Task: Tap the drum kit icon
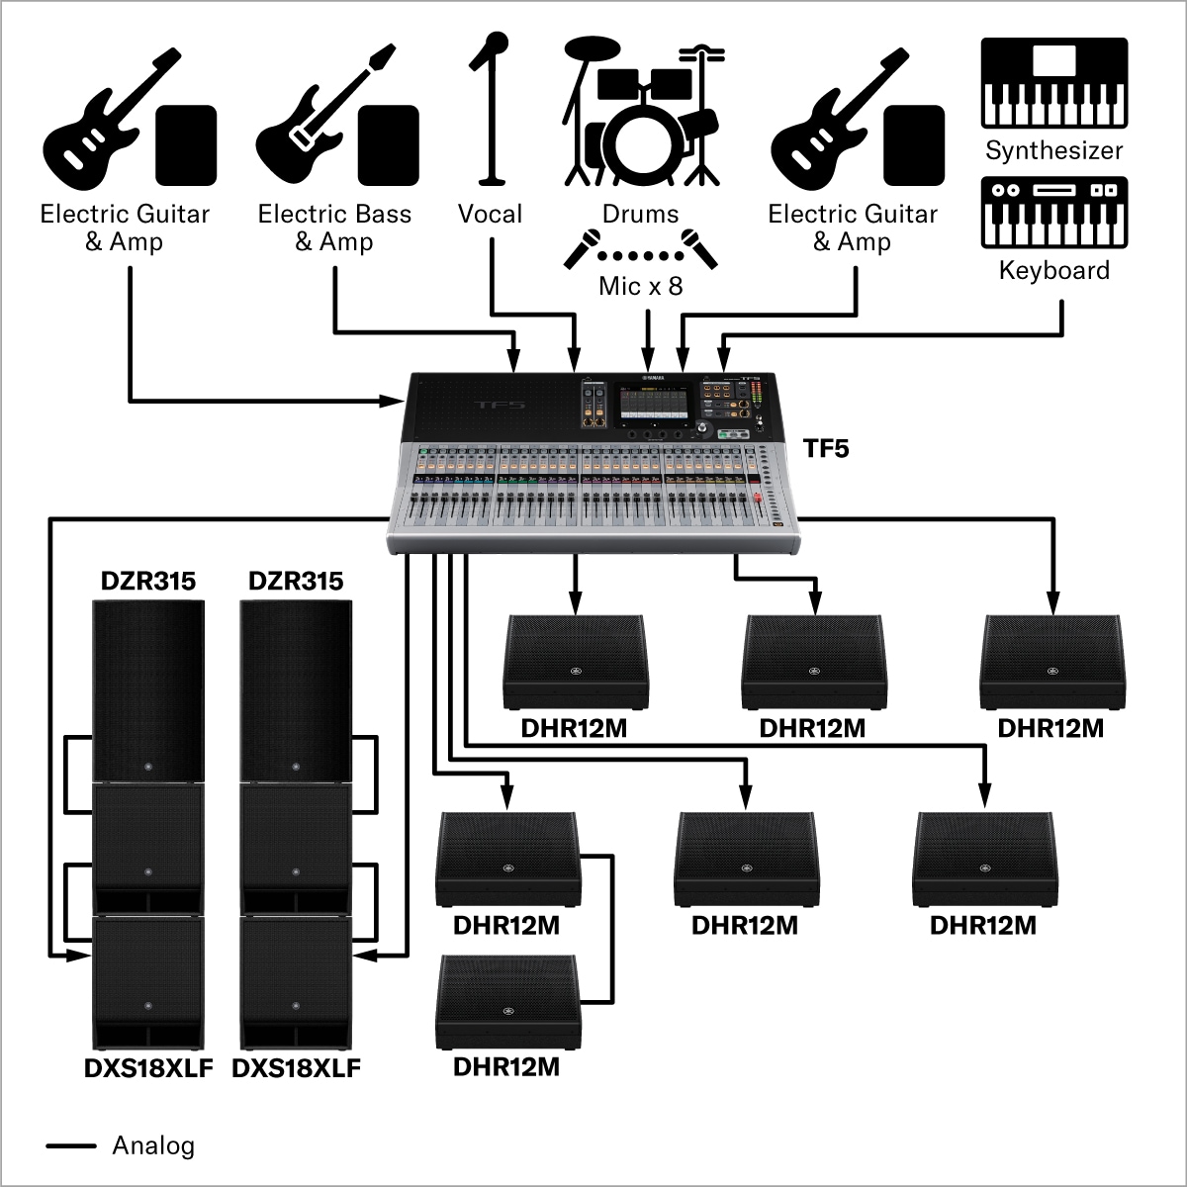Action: click(641, 114)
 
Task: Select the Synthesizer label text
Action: click(1053, 151)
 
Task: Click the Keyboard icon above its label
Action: click(1053, 212)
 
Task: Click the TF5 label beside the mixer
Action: click(825, 449)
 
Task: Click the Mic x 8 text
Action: click(640, 287)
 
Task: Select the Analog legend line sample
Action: click(71, 1146)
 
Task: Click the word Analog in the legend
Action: click(153, 1146)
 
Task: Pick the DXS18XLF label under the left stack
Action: click(147, 1068)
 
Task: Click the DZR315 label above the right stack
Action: click(296, 581)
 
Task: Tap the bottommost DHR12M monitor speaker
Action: click(506, 1001)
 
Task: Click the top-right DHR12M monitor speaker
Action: click(1050, 661)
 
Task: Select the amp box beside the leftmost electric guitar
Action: click(187, 145)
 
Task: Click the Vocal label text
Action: click(490, 214)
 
